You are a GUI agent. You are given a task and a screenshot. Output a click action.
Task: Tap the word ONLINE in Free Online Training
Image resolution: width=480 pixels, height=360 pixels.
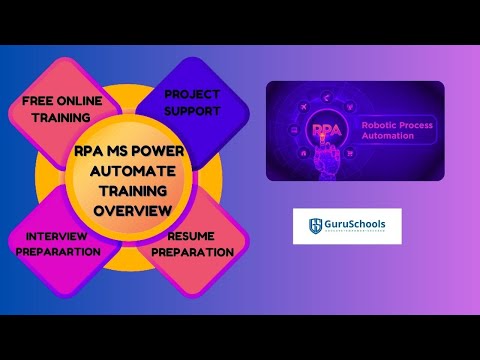click(x=79, y=100)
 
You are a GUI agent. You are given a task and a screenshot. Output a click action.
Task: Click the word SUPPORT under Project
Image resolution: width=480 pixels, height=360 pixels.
click(x=192, y=110)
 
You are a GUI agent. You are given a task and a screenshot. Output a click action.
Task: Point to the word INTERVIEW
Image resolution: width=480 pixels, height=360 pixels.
click(x=57, y=237)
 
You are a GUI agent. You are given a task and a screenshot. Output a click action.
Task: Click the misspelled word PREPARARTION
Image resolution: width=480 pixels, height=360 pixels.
click(x=57, y=251)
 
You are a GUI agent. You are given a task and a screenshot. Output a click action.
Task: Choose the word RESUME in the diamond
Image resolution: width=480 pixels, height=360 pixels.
click(x=191, y=237)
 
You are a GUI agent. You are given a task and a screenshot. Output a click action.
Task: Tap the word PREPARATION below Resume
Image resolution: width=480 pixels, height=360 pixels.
click(x=191, y=251)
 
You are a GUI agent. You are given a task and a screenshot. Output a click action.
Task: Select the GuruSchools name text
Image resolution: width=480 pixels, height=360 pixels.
click(x=355, y=223)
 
